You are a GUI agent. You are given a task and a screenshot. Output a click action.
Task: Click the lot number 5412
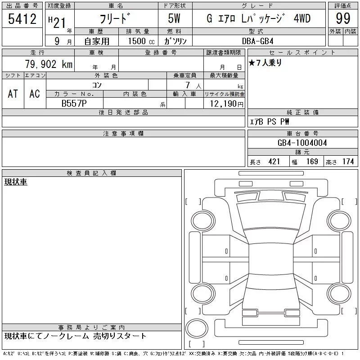(x=22, y=19)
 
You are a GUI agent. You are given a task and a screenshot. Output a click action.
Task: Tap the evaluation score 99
(x=343, y=18)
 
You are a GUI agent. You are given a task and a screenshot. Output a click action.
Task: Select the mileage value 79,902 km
(x=49, y=64)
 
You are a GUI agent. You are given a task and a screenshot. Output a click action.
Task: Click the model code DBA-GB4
(x=258, y=41)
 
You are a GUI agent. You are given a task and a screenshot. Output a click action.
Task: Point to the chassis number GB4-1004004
(x=302, y=143)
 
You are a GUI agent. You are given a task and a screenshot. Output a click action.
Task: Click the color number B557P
(x=74, y=103)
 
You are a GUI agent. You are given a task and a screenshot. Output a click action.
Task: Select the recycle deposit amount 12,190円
(x=227, y=104)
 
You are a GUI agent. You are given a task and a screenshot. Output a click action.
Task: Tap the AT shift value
(x=13, y=94)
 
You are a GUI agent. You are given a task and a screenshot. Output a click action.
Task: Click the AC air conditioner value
(x=35, y=94)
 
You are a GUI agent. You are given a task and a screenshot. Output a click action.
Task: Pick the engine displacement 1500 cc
(x=141, y=41)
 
